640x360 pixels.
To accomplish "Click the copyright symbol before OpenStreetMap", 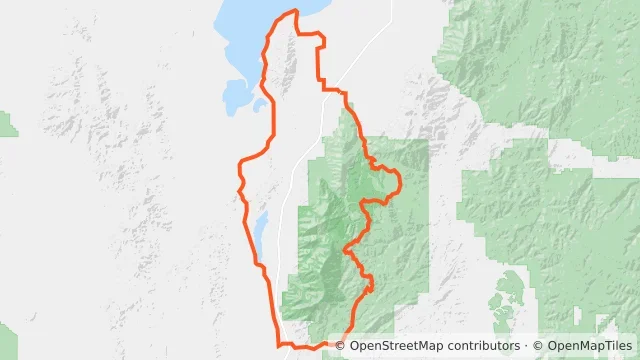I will tap(340, 345).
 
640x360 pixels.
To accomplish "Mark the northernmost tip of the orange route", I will tap(295, 11).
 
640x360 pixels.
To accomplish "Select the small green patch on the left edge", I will tap(7, 124).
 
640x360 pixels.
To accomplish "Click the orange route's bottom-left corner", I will tap(279, 345).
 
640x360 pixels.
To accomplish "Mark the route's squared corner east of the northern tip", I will tap(324, 38).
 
